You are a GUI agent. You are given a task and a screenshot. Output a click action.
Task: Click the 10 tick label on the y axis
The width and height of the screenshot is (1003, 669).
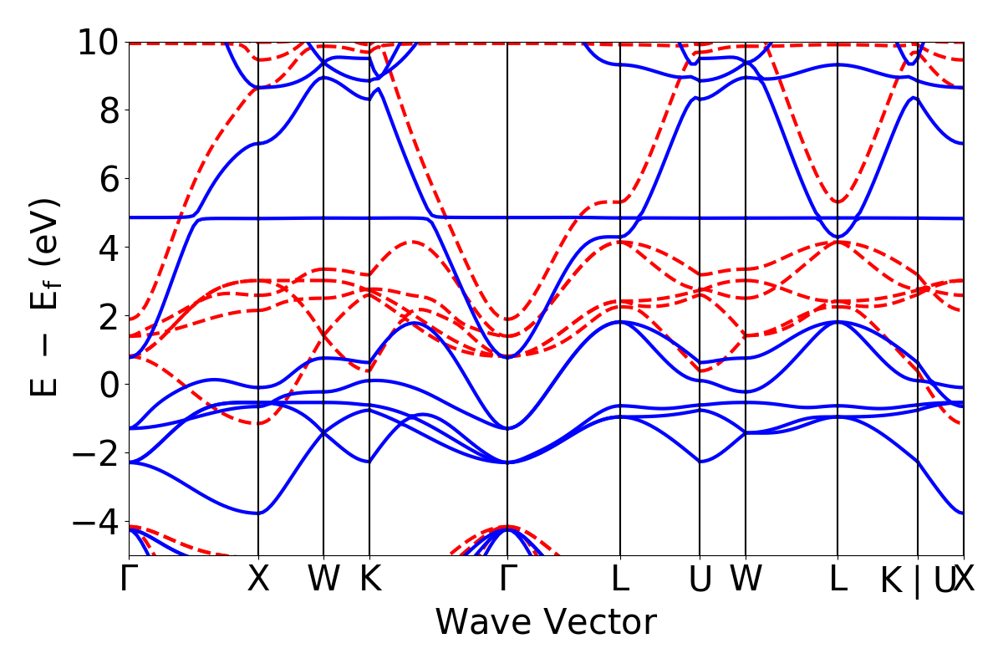(x=99, y=42)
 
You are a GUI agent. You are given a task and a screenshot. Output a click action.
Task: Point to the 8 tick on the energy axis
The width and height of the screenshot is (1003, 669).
(x=108, y=110)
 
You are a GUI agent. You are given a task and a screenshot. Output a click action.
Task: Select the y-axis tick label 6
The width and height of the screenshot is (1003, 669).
(x=108, y=179)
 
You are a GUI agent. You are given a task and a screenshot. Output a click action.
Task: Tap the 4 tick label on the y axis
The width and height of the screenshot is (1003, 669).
(x=108, y=248)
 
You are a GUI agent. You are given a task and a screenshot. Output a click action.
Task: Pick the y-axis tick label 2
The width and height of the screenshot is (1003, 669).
(x=108, y=316)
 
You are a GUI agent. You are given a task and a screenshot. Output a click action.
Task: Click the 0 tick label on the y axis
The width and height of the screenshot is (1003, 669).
(x=108, y=385)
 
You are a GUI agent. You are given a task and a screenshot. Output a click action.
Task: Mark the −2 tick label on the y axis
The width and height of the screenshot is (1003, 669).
(x=94, y=453)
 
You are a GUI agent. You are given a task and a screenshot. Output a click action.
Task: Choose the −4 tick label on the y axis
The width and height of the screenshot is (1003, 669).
(x=94, y=522)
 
